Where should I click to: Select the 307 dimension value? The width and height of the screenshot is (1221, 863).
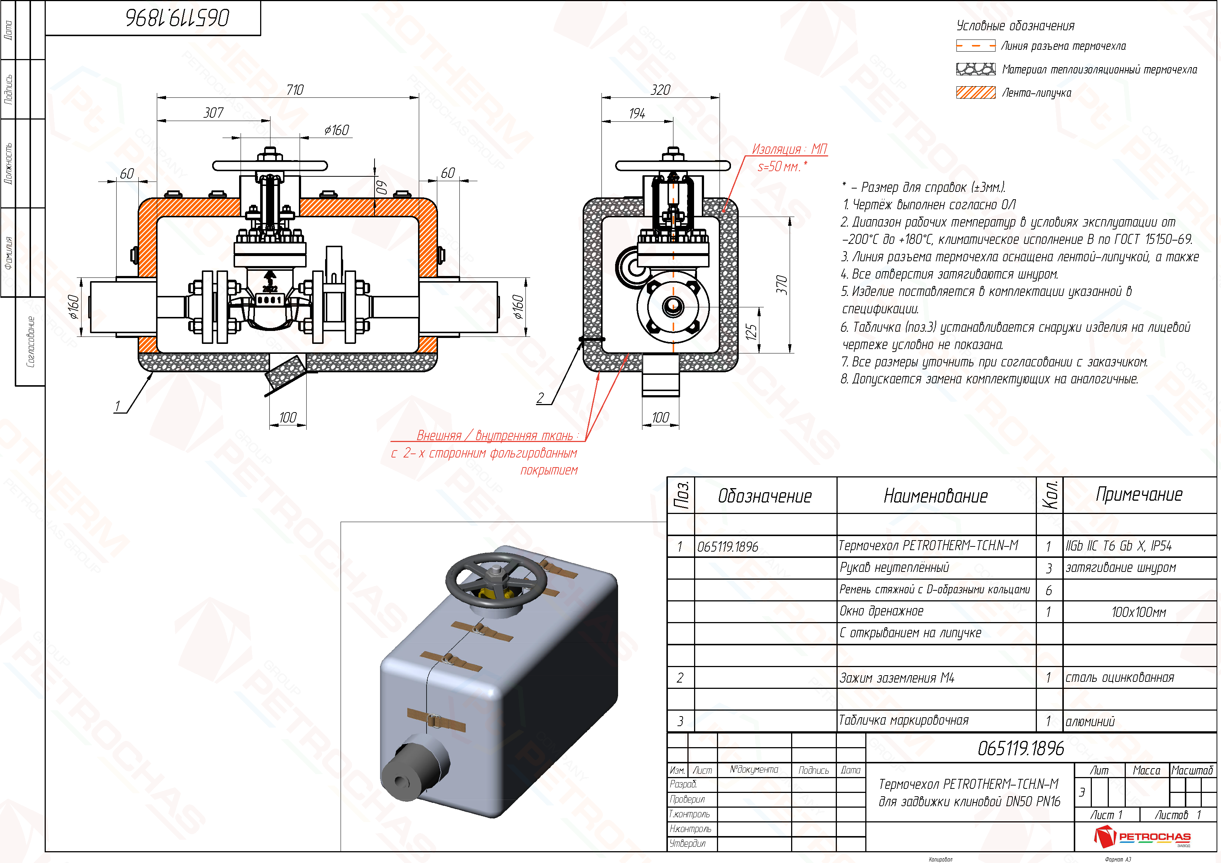click(214, 113)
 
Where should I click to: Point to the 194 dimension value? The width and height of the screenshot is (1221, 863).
click(638, 113)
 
